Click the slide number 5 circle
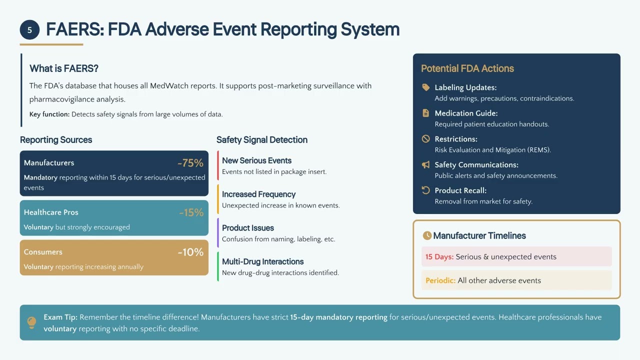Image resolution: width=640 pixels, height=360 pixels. [29, 30]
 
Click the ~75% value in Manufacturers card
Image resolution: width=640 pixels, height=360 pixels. [190, 163]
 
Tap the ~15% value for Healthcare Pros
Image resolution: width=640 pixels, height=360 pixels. [191, 212]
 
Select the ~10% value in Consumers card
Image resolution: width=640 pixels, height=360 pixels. [190, 252]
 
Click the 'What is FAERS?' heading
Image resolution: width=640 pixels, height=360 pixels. [64, 68]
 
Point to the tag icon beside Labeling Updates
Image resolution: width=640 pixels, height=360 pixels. [426, 87]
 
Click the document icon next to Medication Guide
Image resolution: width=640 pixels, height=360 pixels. [426, 113]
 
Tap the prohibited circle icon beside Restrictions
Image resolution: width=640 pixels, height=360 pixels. [426, 139]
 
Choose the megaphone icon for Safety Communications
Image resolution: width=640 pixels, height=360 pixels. [426, 164]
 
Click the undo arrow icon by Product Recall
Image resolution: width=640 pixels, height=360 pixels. [426, 190]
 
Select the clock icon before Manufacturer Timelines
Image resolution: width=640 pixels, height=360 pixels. [427, 235]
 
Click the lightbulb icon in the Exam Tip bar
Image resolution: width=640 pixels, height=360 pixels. [31, 322]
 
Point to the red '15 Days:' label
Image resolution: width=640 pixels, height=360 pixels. [439, 256]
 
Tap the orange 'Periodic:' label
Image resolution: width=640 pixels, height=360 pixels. [440, 280]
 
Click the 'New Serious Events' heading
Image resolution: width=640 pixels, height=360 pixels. [256, 160]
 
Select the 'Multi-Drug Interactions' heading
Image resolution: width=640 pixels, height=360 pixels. [262, 261]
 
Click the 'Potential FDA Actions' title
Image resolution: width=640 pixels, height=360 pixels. [467, 68]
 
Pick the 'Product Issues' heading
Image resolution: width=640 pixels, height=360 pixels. [247, 228]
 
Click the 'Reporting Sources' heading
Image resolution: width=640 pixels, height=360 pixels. [56, 140]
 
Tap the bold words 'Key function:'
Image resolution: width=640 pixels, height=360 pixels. [49, 114]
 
